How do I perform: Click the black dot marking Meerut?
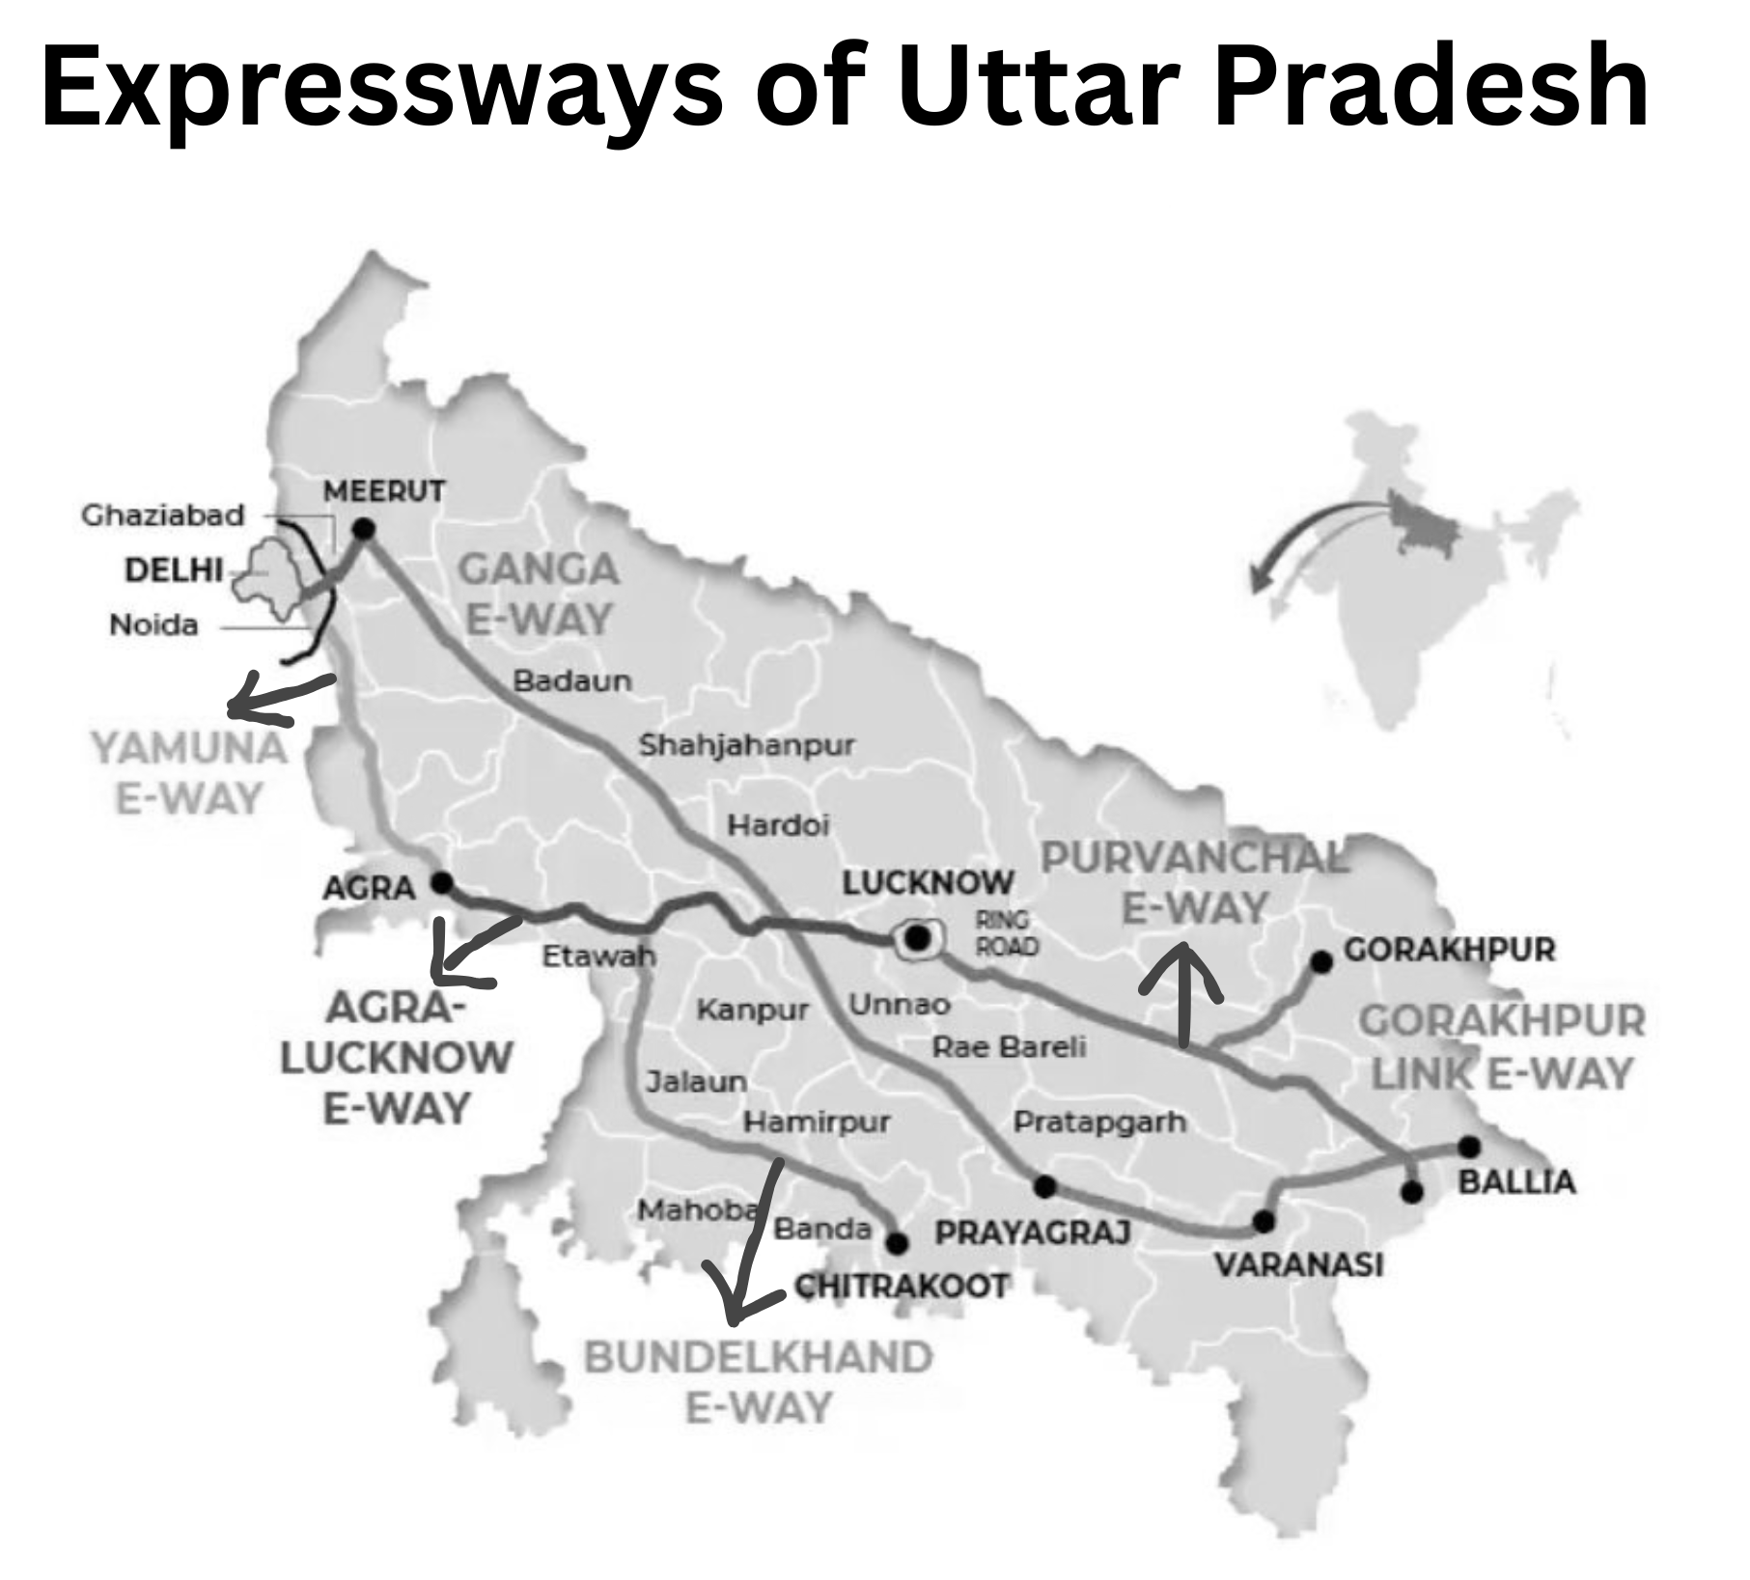pyautogui.click(x=363, y=528)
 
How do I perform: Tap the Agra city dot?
pyautogui.click(x=441, y=882)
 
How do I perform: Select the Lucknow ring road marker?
pyautogui.click(x=918, y=937)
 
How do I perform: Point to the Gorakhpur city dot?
pyautogui.click(x=1321, y=961)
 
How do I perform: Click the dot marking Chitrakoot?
pyautogui.click(x=897, y=1243)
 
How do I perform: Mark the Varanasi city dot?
pyautogui.click(x=1264, y=1222)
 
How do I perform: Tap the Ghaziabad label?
pyautogui.click(x=162, y=515)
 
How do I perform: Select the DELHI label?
pyautogui.click(x=174, y=569)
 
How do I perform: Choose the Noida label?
pyautogui.click(x=153, y=625)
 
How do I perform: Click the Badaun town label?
pyautogui.click(x=572, y=680)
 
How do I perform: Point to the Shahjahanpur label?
pyautogui.click(x=747, y=745)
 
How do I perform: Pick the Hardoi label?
pyautogui.click(x=778, y=825)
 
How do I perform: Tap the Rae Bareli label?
pyautogui.click(x=1009, y=1046)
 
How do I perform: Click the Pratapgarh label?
pyautogui.click(x=1099, y=1122)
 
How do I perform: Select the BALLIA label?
pyautogui.click(x=1516, y=1181)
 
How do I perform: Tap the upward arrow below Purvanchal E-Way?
pyautogui.click(x=1182, y=994)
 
